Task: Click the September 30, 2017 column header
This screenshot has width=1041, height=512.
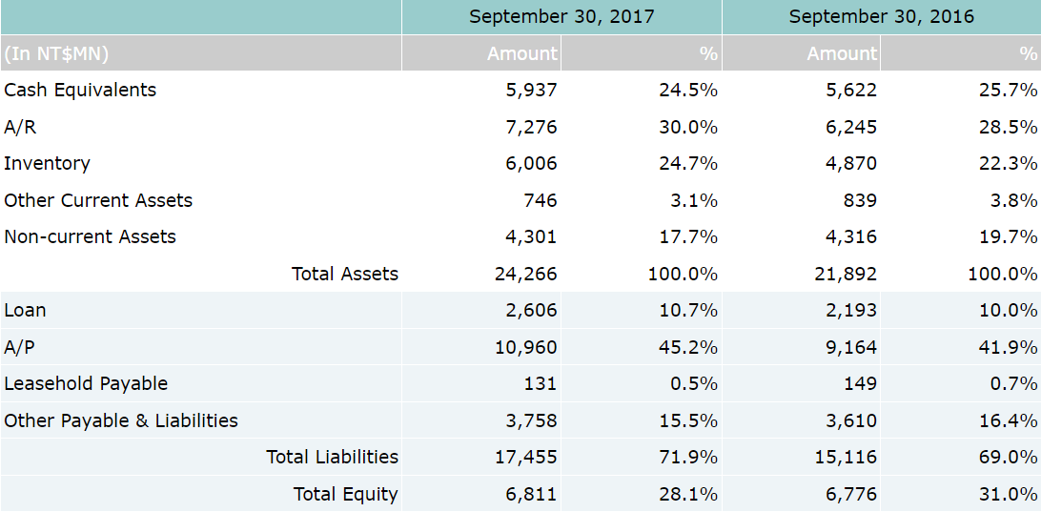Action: click(561, 17)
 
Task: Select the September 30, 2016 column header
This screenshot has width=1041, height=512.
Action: click(881, 17)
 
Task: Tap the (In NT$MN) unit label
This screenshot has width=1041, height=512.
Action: click(56, 53)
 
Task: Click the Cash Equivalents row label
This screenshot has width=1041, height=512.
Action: click(80, 91)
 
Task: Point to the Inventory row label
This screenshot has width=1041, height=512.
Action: click(47, 164)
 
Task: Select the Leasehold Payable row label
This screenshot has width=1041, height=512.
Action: click(86, 384)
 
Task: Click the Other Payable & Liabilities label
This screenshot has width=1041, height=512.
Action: click(121, 420)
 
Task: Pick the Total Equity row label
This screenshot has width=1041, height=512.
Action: click(345, 495)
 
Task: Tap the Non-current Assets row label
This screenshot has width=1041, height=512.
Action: click(90, 237)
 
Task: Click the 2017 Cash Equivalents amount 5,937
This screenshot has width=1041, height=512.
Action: click(531, 91)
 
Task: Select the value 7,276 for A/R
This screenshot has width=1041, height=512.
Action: click(531, 127)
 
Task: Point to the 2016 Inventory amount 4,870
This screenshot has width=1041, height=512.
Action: click(850, 164)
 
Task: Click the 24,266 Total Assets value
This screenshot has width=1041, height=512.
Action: click(525, 275)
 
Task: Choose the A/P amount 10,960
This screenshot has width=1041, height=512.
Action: click(525, 348)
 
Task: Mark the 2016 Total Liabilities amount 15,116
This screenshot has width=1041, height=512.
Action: click(846, 458)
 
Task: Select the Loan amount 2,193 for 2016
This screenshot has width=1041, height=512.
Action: click(850, 311)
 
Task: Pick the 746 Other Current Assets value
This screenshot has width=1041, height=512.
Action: click(541, 200)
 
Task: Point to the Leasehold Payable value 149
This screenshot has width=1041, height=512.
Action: click(860, 384)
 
